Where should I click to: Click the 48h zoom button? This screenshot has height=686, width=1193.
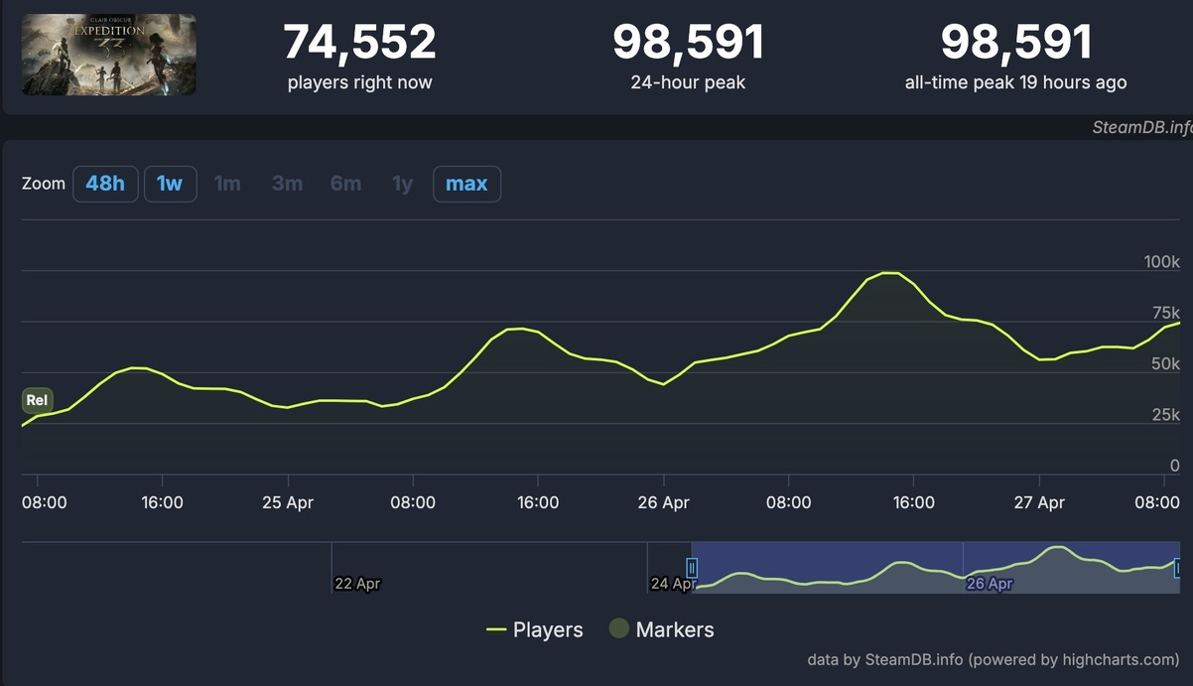pyautogui.click(x=105, y=184)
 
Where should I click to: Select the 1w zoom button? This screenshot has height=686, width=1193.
pyautogui.click(x=170, y=184)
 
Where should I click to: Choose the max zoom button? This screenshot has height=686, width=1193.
pyautogui.click(x=466, y=184)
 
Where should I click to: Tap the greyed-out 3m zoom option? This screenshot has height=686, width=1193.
pyautogui.click(x=287, y=184)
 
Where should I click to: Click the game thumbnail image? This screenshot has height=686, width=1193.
pyautogui.click(x=108, y=55)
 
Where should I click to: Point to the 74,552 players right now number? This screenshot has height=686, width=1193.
pyautogui.click(x=359, y=43)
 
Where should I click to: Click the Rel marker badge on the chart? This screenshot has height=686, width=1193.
pyautogui.click(x=37, y=401)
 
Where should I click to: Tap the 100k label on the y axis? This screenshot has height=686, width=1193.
pyautogui.click(x=1161, y=262)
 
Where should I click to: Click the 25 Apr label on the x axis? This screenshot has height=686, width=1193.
pyautogui.click(x=288, y=502)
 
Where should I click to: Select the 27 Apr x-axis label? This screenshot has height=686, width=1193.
pyautogui.click(x=1039, y=502)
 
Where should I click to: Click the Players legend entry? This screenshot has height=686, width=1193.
pyautogui.click(x=535, y=629)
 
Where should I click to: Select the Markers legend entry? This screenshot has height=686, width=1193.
pyautogui.click(x=661, y=629)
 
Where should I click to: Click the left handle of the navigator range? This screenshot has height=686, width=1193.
pyautogui.click(x=692, y=568)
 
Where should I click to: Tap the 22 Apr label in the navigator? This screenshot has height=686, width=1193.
pyautogui.click(x=357, y=584)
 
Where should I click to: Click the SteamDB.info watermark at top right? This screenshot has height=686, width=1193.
pyautogui.click(x=1141, y=127)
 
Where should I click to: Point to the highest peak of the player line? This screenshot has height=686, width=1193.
pyautogui.click(x=890, y=272)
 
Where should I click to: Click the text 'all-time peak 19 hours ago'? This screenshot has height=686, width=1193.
pyautogui.click(x=1015, y=82)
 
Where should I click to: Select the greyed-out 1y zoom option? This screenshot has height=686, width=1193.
pyautogui.click(x=402, y=184)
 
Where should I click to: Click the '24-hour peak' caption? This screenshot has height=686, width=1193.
pyautogui.click(x=688, y=82)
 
